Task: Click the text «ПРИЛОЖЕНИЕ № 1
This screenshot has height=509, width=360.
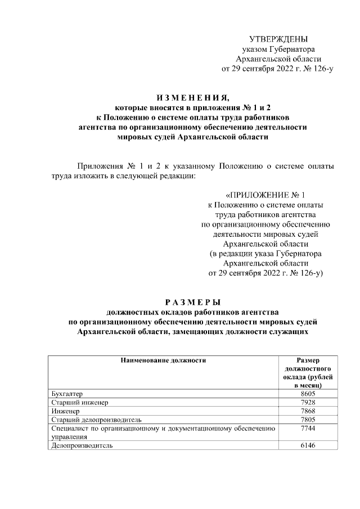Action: [265, 195]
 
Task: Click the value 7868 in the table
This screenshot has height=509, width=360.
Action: [309, 411]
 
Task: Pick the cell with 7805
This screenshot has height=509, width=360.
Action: [309, 420]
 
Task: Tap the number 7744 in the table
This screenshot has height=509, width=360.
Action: [309, 428]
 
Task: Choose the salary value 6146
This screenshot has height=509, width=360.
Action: [309, 445]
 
